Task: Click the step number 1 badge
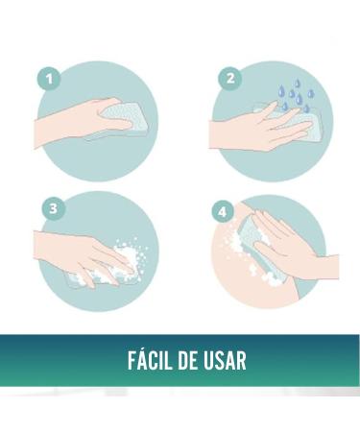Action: (x=49, y=78)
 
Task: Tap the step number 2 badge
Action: (x=230, y=78)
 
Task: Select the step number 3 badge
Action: (x=54, y=208)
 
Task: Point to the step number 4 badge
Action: (x=223, y=211)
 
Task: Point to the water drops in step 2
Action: (x=296, y=95)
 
